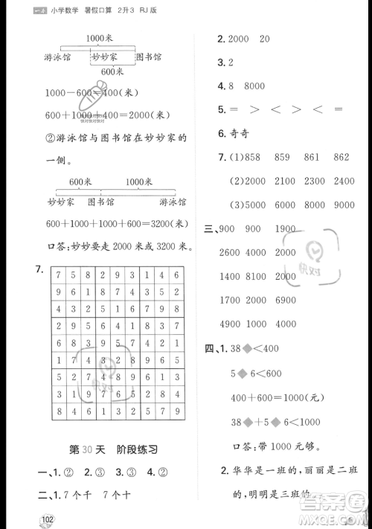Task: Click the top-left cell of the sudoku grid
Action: pyautogui.click(x=58, y=276)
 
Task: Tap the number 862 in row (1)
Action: pyautogui.click(x=341, y=158)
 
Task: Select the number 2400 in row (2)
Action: pyautogui.click(x=344, y=181)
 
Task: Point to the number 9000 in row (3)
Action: pyautogui.click(x=344, y=205)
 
